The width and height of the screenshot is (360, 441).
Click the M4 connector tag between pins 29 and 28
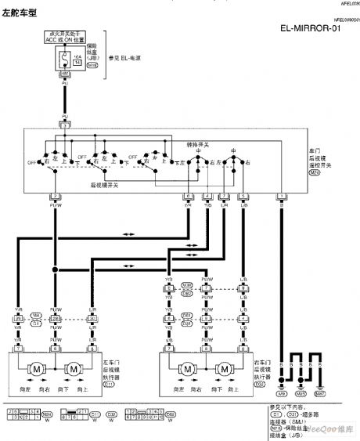coord(37,316)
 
